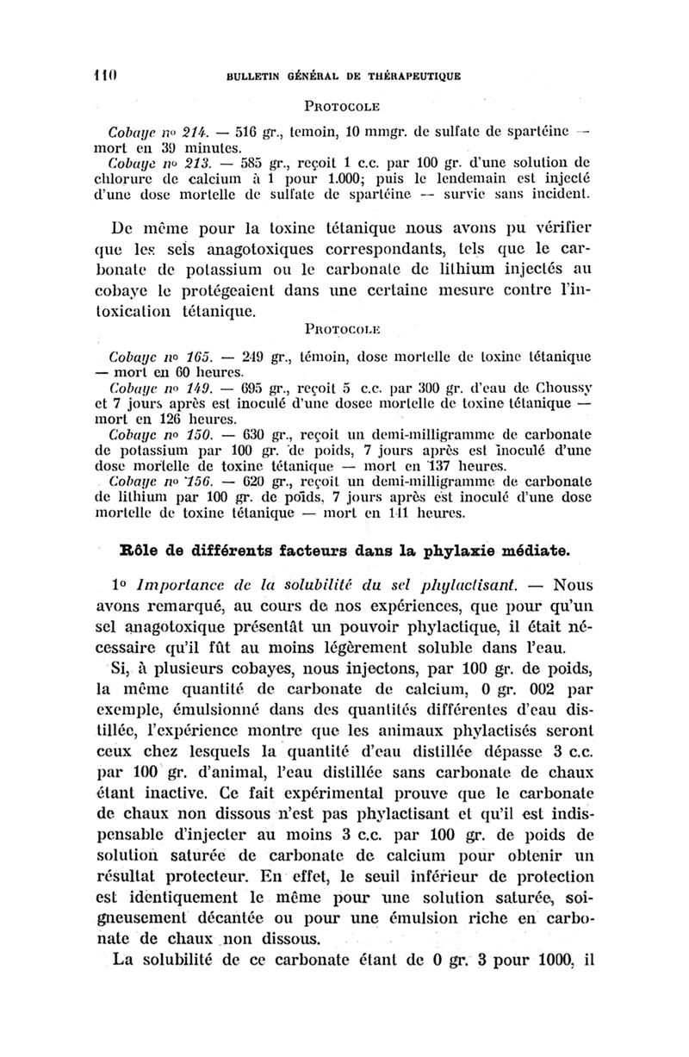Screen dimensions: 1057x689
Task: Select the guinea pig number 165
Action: [x=189, y=356]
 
